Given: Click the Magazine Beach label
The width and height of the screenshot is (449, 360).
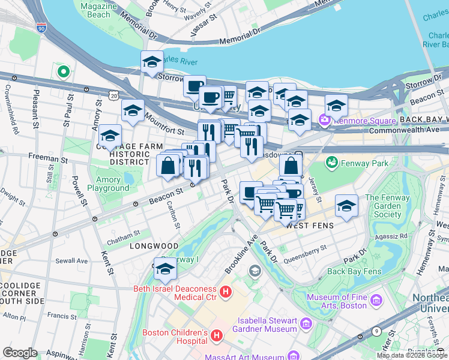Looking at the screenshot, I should coord(98,10).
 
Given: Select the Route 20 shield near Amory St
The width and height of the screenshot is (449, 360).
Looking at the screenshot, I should coord(114,95).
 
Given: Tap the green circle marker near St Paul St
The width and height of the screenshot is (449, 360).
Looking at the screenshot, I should coord(63,72).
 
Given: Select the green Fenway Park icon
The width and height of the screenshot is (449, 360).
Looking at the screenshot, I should coord(331,163).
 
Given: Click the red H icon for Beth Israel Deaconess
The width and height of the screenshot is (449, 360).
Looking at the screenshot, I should coord(226,292).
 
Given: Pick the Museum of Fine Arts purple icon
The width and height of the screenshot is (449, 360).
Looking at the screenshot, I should coord(376,299).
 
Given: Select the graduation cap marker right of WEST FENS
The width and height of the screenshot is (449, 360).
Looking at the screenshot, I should coord(346,206).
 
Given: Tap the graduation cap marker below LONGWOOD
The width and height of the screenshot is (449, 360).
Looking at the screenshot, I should coord(165,269).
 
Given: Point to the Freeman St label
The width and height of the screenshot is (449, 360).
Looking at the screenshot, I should coord(47,160).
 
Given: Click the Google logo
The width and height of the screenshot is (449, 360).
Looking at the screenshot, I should coord(20,353).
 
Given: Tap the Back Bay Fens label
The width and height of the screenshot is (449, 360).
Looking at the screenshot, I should coord(354,271).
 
